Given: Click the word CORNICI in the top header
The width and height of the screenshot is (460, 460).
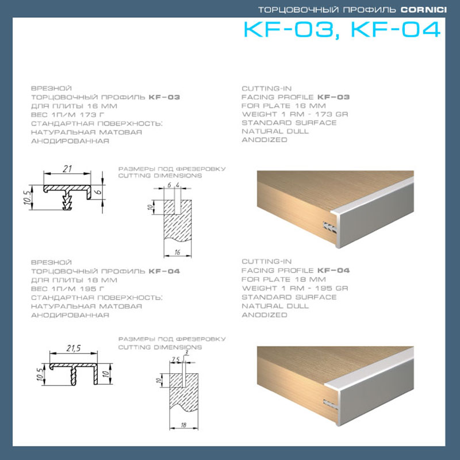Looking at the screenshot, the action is pyautogui.click(x=424, y=10).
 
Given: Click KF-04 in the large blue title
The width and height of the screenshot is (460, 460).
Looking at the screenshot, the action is pyautogui.click(x=396, y=29).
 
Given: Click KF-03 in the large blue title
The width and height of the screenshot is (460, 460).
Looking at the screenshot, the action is pyautogui.click(x=289, y=29).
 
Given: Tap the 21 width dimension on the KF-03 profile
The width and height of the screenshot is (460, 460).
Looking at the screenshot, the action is pyautogui.click(x=67, y=168).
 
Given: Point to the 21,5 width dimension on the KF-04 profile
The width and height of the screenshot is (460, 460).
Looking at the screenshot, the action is pyautogui.click(x=74, y=348).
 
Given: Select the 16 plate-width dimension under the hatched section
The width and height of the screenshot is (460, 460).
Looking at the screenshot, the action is pyautogui.click(x=177, y=252).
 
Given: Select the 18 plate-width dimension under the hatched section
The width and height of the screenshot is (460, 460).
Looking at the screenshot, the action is pyautogui.click(x=183, y=425).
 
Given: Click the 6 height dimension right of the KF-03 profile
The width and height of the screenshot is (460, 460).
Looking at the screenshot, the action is pyautogui.click(x=99, y=191).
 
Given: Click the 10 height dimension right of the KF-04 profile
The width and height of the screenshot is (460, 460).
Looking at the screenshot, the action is pyautogui.click(x=106, y=373).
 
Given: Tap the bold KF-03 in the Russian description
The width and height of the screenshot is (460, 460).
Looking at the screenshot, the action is pyautogui.click(x=164, y=97).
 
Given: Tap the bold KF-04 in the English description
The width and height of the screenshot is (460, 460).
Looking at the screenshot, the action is pyautogui.click(x=333, y=270).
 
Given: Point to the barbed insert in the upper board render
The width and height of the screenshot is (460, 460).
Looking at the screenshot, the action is pyautogui.click(x=329, y=227).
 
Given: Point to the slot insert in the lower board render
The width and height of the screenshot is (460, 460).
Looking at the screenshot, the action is pyautogui.click(x=331, y=404).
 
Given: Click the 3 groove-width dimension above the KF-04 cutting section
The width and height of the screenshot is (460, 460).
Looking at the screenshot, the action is pyautogui.click(x=186, y=352).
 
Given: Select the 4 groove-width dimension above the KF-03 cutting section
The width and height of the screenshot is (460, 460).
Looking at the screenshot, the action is pyautogui.click(x=178, y=185).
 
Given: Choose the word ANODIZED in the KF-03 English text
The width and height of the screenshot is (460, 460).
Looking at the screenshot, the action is pyautogui.click(x=264, y=140).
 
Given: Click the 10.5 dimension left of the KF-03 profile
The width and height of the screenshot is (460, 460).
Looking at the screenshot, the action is pyautogui.click(x=27, y=197).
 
